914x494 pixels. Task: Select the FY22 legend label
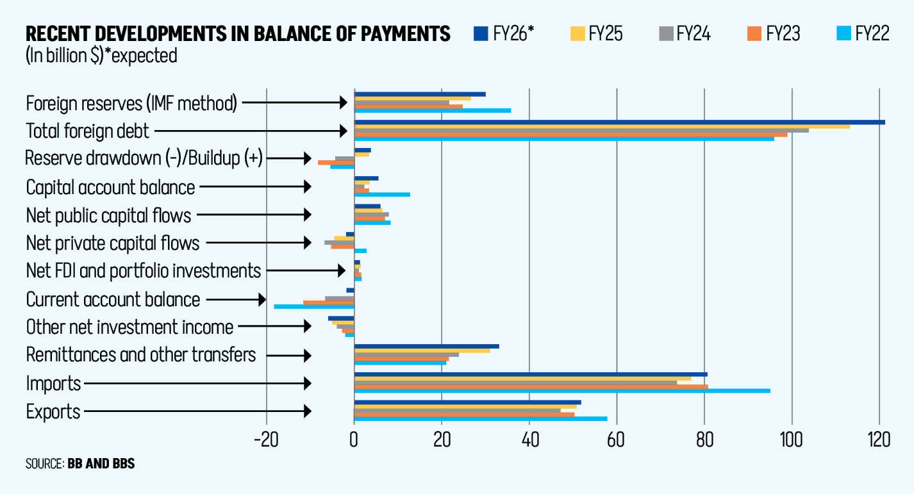[872, 33]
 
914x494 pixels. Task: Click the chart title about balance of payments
[238, 33]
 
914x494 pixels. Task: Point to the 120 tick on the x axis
[879, 441]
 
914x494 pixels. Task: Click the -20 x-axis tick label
[265, 441]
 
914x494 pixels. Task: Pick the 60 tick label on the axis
[617, 441]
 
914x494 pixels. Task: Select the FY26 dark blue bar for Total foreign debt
[619, 122]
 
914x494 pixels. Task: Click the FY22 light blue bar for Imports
[562, 391]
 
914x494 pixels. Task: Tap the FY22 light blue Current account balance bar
[314, 306]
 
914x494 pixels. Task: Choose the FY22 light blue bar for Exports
[481, 419]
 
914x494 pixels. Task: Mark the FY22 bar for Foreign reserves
[433, 110]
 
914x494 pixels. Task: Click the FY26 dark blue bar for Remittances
[426, 346]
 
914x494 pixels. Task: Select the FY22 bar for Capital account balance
[382, 194]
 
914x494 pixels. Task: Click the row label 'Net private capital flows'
[113, 243]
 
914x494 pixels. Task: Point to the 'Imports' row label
[54, 383]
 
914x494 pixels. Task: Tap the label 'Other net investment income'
[129, 327]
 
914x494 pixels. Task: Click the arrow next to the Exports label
[198, 411]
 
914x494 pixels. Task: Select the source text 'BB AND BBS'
[101, 463]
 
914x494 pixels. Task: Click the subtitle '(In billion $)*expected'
[101, 56]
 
